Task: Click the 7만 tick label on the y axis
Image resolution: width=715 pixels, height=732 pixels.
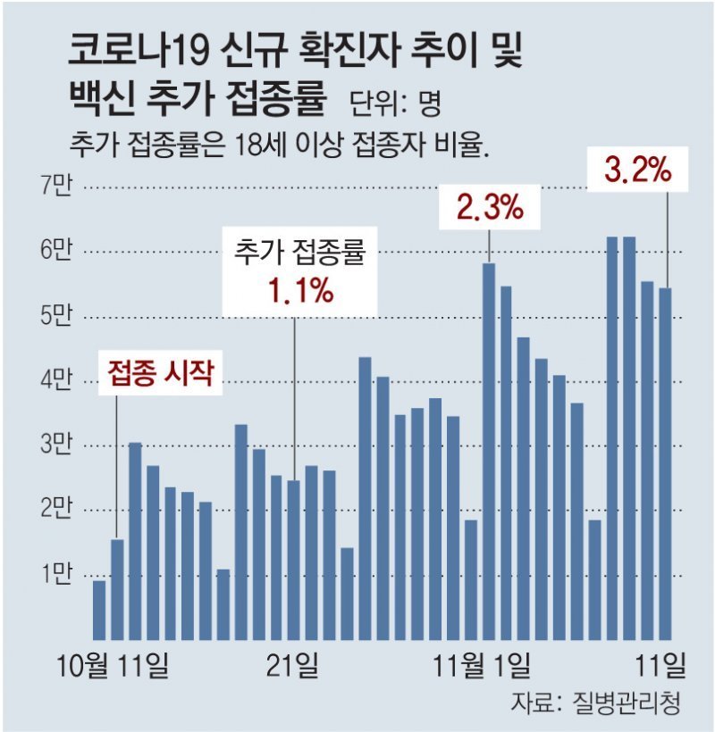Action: (x=55, y=187)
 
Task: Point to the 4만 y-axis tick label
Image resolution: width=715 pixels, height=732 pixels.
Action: (x=55, y=381)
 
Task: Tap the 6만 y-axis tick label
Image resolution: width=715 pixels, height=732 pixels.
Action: (x=55, y=253)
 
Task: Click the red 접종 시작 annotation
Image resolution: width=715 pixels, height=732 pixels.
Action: (x=162, y=372)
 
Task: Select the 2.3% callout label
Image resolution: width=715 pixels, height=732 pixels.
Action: (x=489, y=209)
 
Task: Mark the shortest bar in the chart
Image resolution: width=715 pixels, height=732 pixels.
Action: (x=99, y=611)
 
